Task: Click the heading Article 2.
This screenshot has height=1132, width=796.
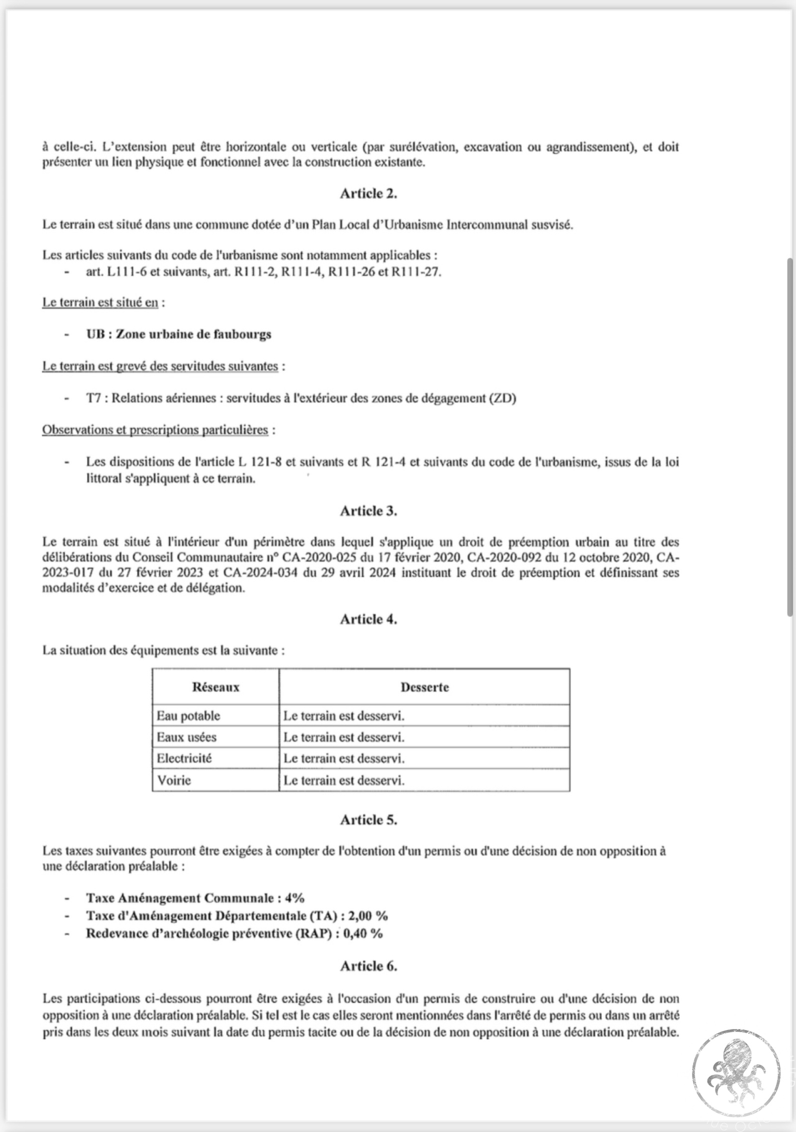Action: pos(368,194)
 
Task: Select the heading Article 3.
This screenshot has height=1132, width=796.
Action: pos(368,511)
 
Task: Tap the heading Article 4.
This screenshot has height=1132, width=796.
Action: pos(368,619)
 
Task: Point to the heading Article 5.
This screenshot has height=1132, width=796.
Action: pos(368,820)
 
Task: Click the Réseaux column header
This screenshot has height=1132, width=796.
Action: pos(215,687)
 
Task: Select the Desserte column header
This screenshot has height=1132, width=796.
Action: pos(424,687)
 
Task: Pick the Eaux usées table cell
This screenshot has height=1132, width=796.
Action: pos(187,737)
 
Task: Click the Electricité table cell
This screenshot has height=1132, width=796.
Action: pos(184,758)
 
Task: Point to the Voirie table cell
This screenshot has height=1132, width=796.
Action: pos(174,780)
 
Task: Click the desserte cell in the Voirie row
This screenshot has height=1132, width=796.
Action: pos(344,780)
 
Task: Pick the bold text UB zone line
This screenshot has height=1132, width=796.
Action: pos(179,334)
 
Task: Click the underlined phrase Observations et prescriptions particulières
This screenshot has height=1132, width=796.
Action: pos(155,430)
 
